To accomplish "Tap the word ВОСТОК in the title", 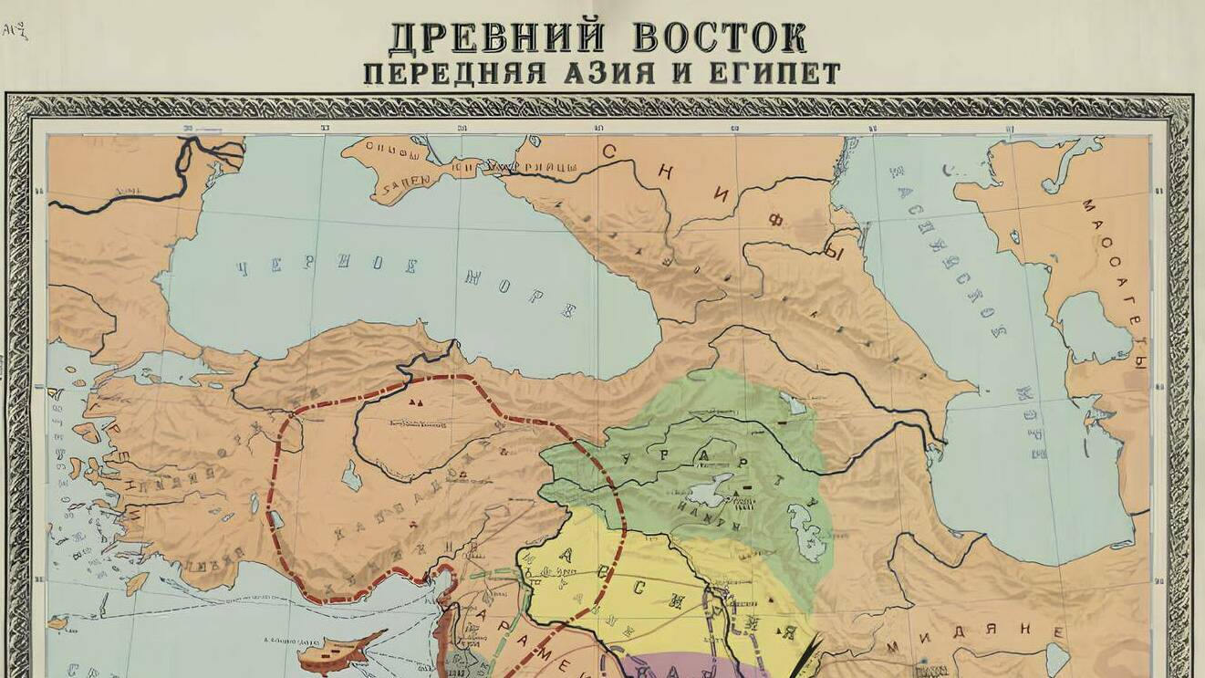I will tap(719, 37).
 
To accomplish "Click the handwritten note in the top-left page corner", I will tap(15, 31).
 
